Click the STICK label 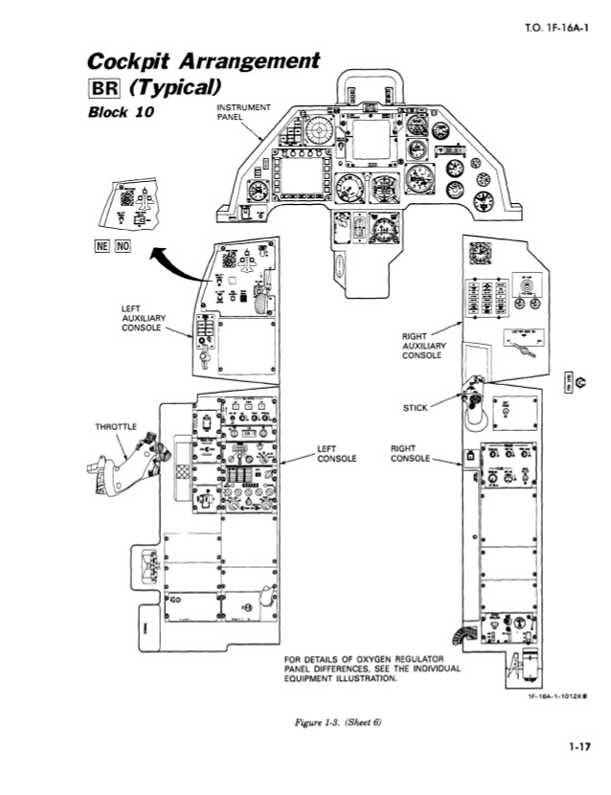click(x=416, y=407)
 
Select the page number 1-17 click(x=576, y=747)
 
